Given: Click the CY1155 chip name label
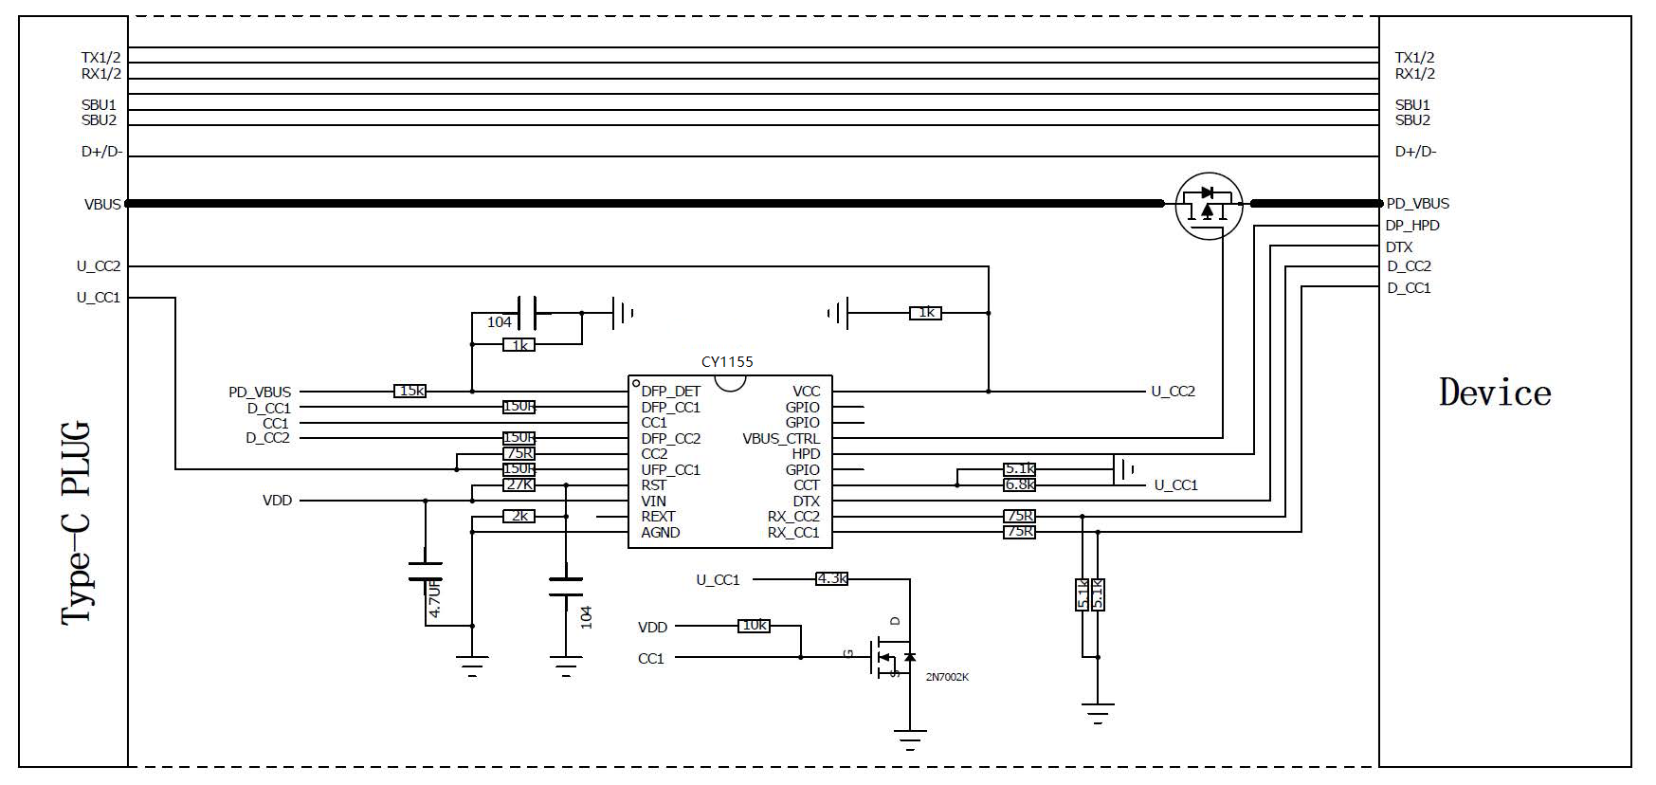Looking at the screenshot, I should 727,362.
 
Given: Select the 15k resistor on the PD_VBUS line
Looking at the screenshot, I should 409,391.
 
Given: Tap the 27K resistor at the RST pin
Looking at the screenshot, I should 519,484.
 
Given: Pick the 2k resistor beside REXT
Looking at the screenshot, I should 519,516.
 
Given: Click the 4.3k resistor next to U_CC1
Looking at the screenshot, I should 831,578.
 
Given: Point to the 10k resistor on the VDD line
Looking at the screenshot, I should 754,626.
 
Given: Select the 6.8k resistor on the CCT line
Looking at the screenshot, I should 1019,484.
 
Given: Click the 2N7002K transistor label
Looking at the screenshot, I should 947,677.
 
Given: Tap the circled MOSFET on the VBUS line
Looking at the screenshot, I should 1209,206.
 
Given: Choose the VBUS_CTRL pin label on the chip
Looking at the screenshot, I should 781,438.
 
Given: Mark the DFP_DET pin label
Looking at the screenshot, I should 671,391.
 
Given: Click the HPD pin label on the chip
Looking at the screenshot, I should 806,454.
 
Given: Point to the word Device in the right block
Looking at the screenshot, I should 1495,392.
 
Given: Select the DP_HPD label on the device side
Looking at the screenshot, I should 1412,226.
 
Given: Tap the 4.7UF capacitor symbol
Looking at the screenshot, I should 425,571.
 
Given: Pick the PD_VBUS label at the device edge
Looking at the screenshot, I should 1417,204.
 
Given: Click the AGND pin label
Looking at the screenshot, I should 661,533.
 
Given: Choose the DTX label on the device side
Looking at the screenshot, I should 1399,247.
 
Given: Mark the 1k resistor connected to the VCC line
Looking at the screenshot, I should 925,312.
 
